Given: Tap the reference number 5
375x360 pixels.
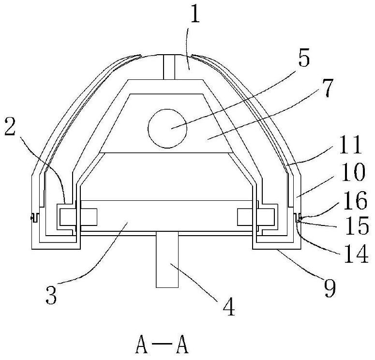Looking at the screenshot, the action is (304, 58).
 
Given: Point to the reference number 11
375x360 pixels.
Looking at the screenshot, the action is (351, 145).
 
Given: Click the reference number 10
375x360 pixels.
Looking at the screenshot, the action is (353, 172).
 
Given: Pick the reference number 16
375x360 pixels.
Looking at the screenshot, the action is (355, 200).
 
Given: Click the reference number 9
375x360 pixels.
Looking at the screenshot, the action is (330, 288).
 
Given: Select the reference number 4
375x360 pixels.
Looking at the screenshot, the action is (229, 307).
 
